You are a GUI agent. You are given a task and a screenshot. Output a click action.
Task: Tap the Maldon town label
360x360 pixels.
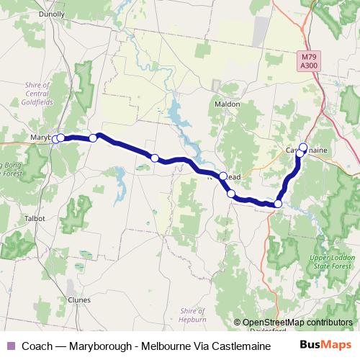click(227, 104)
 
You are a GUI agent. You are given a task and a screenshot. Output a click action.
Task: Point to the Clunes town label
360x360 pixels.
click(78, 300)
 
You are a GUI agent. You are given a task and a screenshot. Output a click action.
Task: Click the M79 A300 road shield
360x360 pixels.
click(309, 61)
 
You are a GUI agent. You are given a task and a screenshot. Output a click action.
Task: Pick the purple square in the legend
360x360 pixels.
click(10, 346)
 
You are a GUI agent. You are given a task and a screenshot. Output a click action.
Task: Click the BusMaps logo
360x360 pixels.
click(330, 345)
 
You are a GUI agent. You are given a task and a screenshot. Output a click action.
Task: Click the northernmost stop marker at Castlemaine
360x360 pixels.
click(303, 148)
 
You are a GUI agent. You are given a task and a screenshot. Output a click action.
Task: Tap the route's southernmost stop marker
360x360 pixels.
click(278, 204)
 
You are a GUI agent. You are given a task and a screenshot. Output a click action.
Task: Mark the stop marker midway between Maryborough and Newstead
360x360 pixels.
click(155, 158)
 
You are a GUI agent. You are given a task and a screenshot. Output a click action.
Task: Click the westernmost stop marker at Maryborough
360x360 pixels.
click(55, 138)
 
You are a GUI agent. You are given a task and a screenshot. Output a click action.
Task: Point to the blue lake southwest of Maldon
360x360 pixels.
click(175, 112)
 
